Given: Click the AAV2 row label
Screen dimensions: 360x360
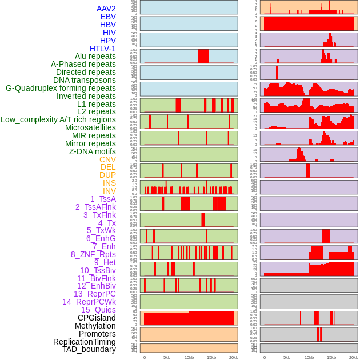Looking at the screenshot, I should pos(106,9).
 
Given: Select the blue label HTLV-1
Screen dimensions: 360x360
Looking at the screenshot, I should pos(103,49).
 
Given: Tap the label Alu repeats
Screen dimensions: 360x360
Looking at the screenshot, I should pos(95,56).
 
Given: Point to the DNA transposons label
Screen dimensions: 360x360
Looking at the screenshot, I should pos(85,80).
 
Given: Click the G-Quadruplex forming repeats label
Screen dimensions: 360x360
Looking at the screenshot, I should pos(61,88).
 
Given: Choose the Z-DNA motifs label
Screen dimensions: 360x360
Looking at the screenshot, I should pos(93,151).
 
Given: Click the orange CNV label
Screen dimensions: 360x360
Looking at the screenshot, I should pos(107,159).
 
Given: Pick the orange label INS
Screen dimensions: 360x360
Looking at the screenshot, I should pos(109,183).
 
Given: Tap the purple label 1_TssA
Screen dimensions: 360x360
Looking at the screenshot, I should pos(103,199).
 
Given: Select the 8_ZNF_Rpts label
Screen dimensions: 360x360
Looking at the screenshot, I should pos(93,254).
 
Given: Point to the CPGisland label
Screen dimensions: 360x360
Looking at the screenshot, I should pos(97,318).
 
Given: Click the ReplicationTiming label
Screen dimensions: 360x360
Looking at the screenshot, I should pos(85,342).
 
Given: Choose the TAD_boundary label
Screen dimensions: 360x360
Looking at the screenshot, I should pos(89,349).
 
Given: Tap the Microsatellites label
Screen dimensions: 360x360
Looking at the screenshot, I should pos(90,127).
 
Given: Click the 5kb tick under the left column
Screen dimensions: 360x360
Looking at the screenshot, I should pos(167,357).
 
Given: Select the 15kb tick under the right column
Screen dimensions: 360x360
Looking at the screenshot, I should pos(331,357).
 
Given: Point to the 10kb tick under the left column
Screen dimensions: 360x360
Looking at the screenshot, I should pos(189,357).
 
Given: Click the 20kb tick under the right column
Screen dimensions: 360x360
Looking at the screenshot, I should pos(354,357).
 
